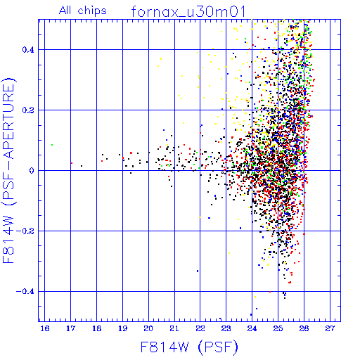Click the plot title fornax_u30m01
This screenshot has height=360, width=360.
point(188,12)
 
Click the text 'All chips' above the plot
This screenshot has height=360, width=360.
point(83,11)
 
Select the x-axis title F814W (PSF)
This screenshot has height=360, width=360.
point(189,347)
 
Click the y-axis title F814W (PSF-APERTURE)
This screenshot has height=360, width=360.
point(9,170)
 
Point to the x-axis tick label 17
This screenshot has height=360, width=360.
point(70,328)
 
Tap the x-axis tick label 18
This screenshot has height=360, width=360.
point(96,328)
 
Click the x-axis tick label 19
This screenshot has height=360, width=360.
point(122,328)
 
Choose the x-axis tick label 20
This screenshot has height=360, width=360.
point(148,328)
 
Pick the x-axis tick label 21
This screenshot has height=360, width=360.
point(174,328)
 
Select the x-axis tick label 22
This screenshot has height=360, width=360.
point(200,328)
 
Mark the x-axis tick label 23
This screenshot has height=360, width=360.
point(226,328)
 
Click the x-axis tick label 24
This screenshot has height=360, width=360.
point(252,328)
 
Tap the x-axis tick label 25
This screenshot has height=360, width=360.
point(278,328)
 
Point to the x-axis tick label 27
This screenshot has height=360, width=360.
point(330,328)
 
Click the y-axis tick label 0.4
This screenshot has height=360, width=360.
point(28,50)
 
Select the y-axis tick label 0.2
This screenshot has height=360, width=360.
point(28,110)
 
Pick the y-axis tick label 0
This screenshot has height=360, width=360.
point(32,171)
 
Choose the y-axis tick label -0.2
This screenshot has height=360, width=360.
point(25,231)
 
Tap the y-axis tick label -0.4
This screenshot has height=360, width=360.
point(25,292)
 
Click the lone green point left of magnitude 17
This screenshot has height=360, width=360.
point(52,145)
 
